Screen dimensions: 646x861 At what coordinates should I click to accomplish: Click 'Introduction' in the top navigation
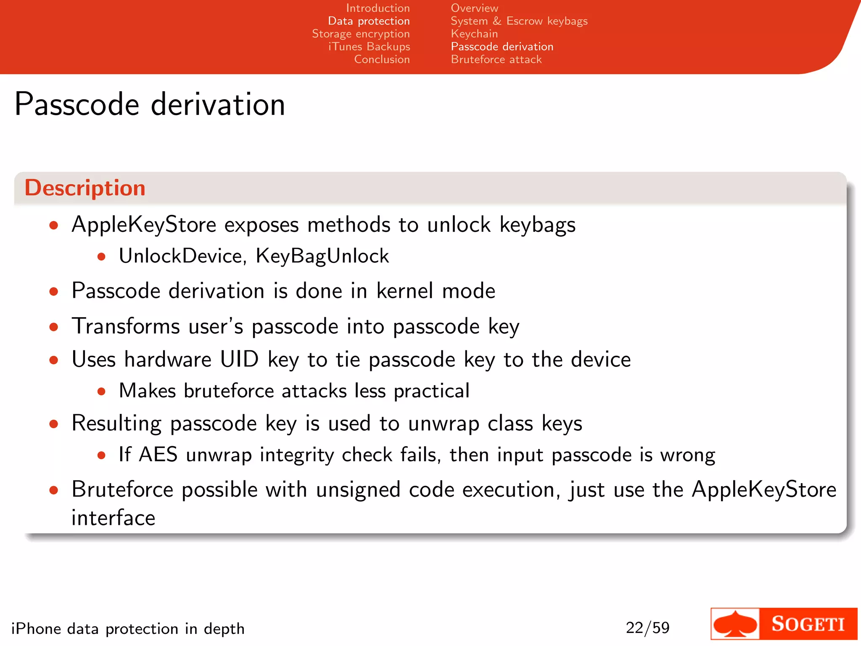378,8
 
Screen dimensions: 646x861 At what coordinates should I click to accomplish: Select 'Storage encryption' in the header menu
361,34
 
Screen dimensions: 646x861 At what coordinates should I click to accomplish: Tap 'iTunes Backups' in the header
369,46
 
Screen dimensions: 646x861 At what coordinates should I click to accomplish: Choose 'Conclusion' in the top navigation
382,59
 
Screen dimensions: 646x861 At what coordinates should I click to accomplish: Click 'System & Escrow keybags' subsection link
519,21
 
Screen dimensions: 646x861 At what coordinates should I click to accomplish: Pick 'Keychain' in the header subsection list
474,34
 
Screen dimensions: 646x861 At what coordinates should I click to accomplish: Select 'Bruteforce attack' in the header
496,59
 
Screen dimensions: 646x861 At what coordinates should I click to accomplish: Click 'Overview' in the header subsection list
474,8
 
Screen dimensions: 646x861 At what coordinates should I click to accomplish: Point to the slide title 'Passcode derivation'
150,104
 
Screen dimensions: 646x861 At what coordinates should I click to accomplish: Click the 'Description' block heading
85,188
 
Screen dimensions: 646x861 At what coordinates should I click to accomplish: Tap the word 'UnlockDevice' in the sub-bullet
180,256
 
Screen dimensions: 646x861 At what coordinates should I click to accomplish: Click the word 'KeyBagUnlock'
322,256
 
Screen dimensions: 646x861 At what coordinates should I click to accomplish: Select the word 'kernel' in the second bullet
404,291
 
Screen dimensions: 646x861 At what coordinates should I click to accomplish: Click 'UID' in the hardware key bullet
239,360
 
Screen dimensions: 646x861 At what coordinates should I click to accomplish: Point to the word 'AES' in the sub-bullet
158,455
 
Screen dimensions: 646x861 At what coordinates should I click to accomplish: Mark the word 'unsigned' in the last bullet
358,490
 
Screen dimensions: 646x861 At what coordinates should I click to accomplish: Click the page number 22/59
647,627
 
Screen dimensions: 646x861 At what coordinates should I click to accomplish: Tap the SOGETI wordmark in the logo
808,624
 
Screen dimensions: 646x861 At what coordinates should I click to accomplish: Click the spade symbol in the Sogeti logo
735,624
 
